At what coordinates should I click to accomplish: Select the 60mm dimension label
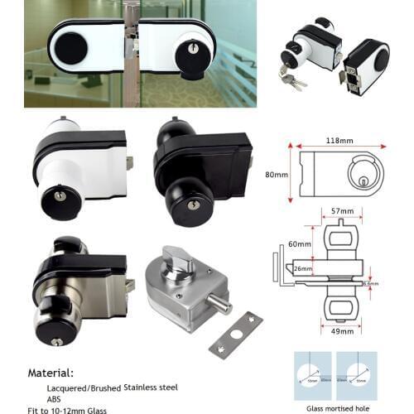point(299,244)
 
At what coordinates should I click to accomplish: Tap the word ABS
point(55,398)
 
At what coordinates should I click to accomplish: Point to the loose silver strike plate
point(236,335)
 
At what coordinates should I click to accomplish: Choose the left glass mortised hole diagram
point(313,377)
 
